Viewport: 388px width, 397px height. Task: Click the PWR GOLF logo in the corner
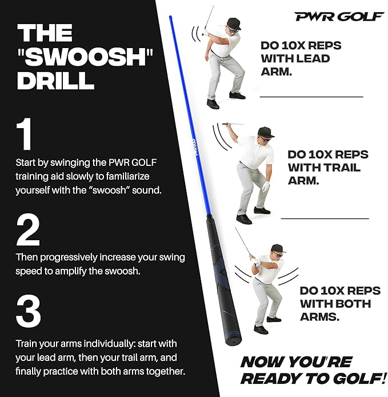[x=339, y=17]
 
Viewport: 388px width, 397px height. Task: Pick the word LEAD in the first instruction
[x=313, y=58]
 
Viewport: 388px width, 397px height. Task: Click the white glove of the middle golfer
[x=266, y=186]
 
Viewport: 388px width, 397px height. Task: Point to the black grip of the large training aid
[x=223, y=279]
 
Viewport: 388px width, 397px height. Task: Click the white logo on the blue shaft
[x=194, y=148]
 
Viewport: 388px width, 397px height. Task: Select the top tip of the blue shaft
[x=170, y=17]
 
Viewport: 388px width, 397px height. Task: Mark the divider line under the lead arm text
[x=311, y=97]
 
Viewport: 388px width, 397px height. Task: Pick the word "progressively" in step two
[x=69, y=258]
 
